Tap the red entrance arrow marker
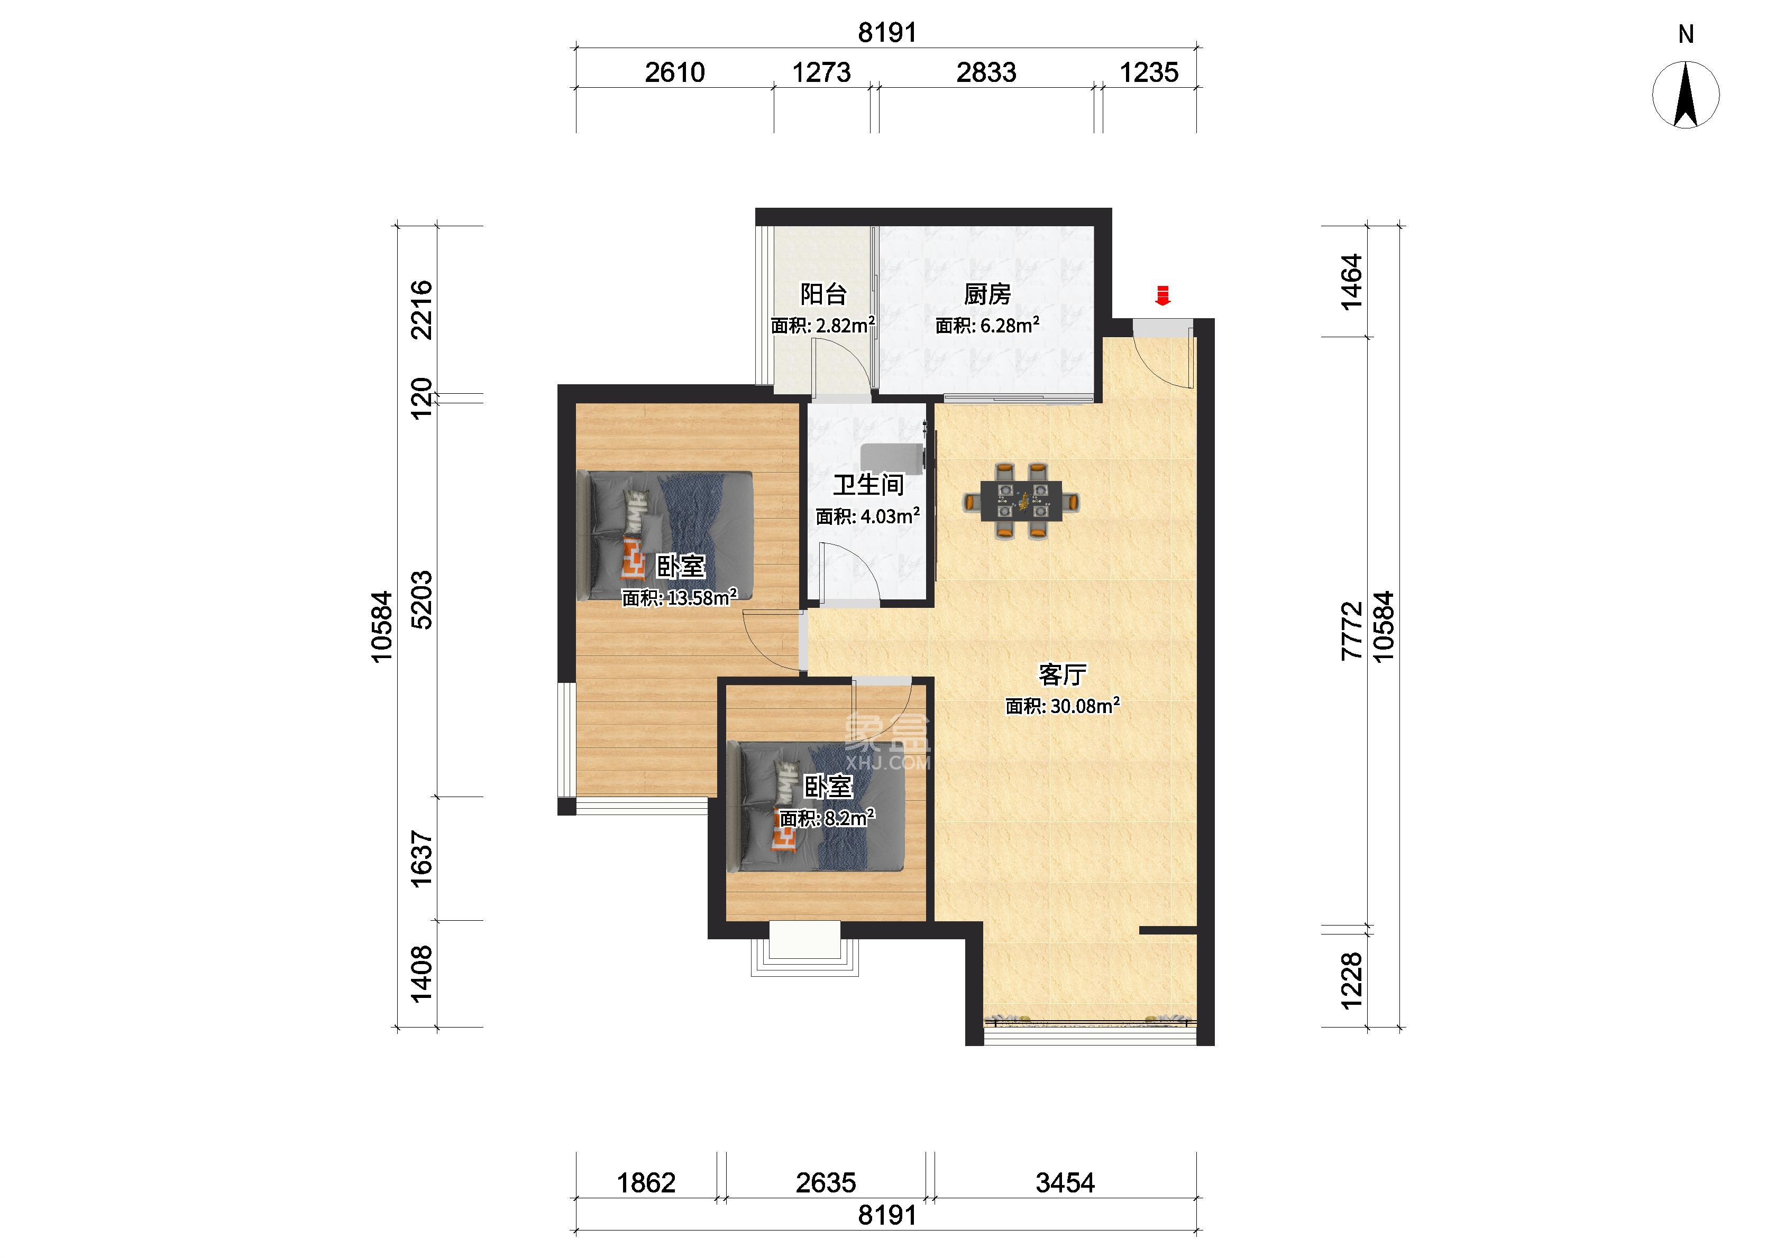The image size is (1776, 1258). pos(1162,295)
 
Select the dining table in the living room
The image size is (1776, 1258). pos(1022,501)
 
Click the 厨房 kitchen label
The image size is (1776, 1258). pos(987,294)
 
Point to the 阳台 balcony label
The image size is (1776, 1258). pos(823,294)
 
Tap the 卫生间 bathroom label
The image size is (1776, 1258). pos(868,485)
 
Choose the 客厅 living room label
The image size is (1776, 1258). pos(1063,674)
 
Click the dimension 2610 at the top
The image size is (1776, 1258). pos(674,72)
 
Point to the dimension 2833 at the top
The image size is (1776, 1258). pos(986,72)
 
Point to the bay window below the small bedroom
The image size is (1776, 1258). pos(804,948)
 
